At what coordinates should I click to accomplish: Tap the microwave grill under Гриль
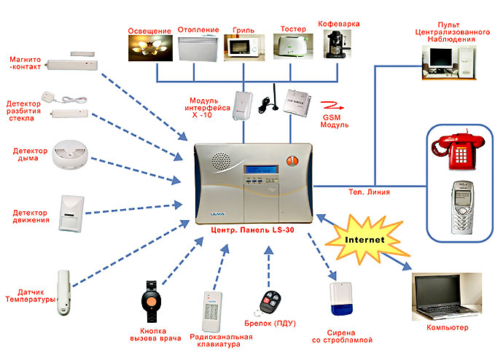(241, 48)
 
